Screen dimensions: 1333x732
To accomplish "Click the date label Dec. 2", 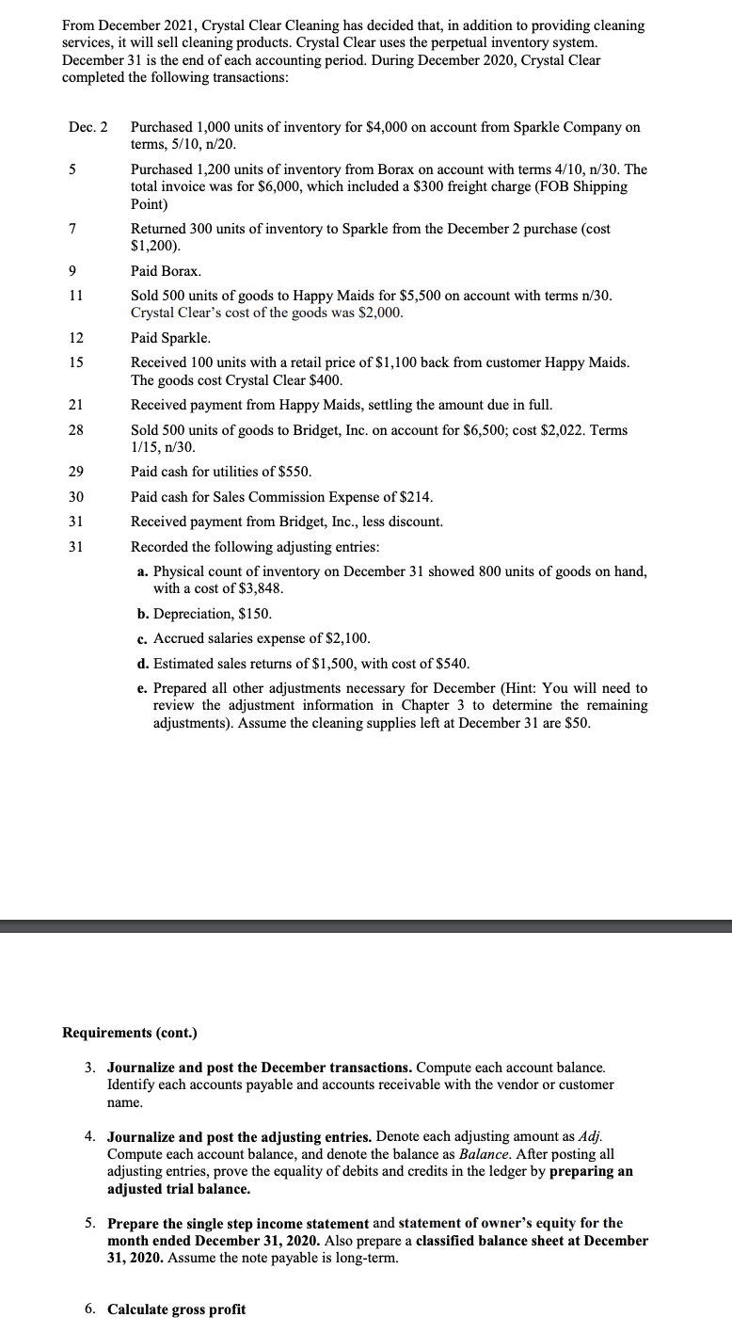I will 88,127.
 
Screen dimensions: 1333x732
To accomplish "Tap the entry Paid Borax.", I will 166,271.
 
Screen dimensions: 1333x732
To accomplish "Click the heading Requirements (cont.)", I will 130,1033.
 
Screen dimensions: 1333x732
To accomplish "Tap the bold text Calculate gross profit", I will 177,1309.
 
